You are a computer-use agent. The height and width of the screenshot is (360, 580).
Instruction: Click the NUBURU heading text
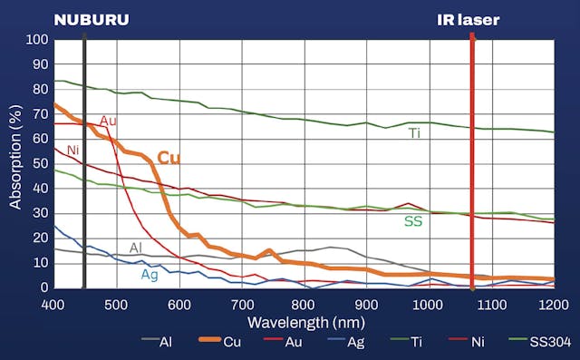coord(91,19)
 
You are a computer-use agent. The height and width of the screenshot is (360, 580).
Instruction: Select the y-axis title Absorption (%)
coord(15,163)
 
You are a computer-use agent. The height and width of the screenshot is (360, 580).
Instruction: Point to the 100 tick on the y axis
coord(37,40)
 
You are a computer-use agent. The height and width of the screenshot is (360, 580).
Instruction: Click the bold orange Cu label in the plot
coord(169,158)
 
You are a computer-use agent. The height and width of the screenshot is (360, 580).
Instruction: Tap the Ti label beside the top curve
coord(414,133)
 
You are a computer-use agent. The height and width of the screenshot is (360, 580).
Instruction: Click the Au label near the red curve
coord(108,121)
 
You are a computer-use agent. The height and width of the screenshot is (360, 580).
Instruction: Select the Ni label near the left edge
coord(73,149)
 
